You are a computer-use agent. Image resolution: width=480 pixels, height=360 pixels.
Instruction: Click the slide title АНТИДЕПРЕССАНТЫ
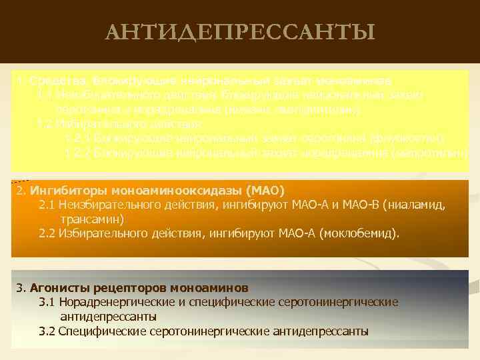240,31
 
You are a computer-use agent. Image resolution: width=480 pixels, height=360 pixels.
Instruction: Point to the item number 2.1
47,205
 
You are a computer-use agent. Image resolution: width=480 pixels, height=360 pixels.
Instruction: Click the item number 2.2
47,233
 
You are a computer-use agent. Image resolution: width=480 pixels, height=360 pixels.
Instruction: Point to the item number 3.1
47,302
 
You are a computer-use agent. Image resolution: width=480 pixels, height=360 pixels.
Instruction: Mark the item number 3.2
47,331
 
